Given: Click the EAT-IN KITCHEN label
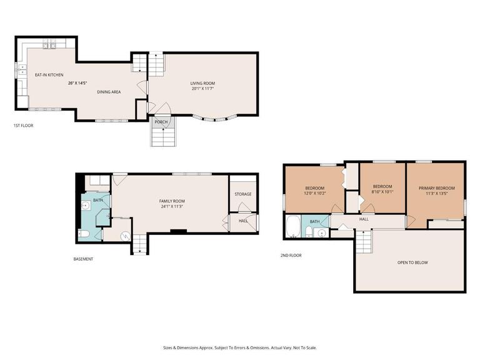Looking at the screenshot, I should [x=49, y=75].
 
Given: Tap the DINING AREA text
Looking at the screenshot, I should [x=109, y=92].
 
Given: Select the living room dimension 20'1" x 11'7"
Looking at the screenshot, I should [x=202, y=89].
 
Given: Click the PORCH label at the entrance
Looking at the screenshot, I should [x=161, y=122].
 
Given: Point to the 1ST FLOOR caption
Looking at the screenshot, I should [x=23, y=126].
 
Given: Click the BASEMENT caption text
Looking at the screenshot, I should [x=83, y=259].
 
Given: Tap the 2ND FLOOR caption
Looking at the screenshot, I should [x=291, y=255].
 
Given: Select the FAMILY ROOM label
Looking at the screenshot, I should [x=170, y=201].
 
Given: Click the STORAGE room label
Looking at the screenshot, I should [x=243, y=194].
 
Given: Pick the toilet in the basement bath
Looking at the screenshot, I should [x=84, y=234].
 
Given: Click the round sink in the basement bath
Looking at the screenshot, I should [x=86, y=205].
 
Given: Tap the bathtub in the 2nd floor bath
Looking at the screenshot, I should [x=292, y=226].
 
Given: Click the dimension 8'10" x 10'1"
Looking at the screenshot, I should [x=382, y=192].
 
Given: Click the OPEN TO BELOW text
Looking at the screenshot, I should [x=412, y=262].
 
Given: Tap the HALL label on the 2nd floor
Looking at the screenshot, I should [x=364, y=219].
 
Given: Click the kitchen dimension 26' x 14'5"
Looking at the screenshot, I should [x=77, y=83].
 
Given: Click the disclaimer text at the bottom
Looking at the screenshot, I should [x=240, y=347].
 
